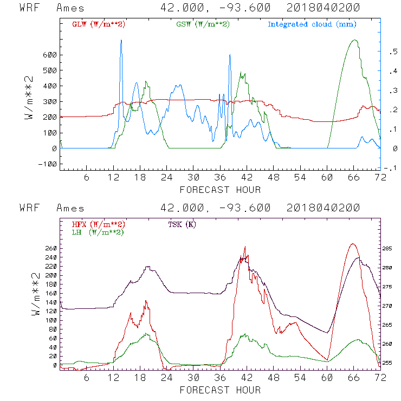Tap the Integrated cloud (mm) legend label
coord(312,24)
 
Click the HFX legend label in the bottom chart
coord(95,224)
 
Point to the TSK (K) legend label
coord(182,224)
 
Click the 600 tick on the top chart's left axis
coord(49,55)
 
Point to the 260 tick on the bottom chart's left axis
coord(50,248)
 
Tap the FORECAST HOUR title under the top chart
coord(220,190)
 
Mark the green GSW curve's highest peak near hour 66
coord(355,40)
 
